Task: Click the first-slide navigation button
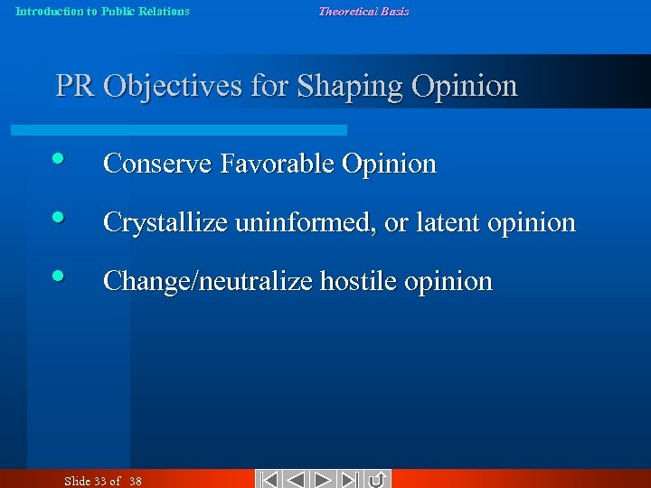coord(269,479)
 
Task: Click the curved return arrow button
coord(378,479)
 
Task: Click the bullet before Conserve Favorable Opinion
coord(58,159)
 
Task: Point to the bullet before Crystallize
coord(58,218)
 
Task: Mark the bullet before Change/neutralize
coord(58,277)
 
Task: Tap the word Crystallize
coord(166,222)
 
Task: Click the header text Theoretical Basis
coord(363,12)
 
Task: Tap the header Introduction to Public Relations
coord(103,12)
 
